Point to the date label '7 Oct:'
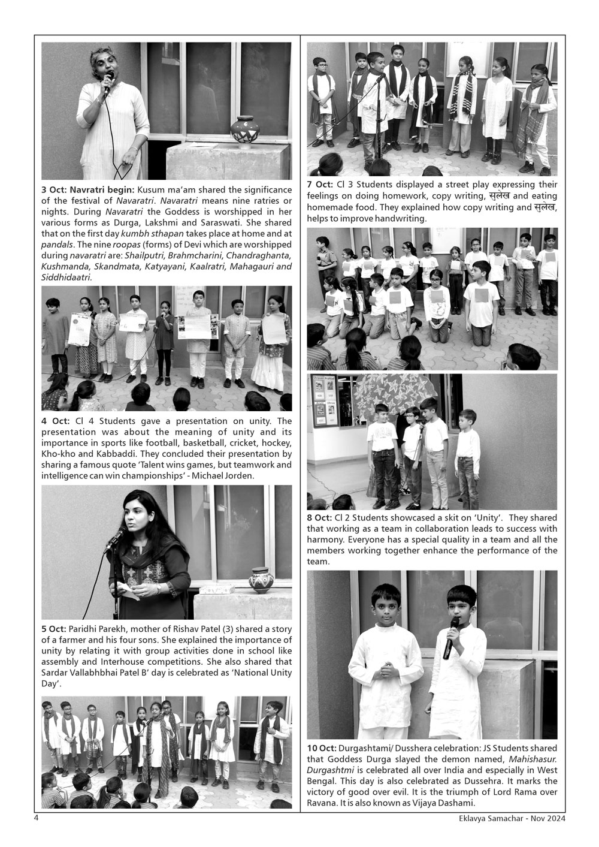tap(319, 185)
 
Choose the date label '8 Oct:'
tap(319, 518)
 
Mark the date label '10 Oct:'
tap(322, 749)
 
